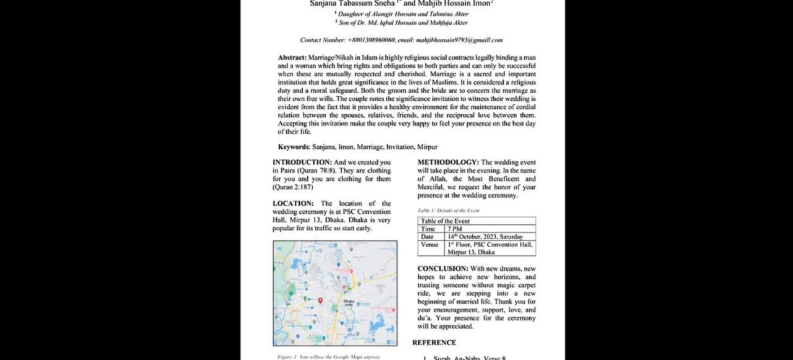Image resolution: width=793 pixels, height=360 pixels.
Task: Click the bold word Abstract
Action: [292, 58]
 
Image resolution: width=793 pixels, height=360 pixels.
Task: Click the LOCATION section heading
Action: [293, 203]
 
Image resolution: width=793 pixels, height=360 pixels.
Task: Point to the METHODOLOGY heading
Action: [447, 162]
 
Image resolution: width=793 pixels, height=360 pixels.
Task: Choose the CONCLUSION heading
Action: [442, 269]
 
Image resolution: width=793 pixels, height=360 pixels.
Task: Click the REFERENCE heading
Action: [434, 343]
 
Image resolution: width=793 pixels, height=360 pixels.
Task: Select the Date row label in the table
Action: [427, 237]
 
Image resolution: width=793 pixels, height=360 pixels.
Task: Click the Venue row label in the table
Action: [429, 245]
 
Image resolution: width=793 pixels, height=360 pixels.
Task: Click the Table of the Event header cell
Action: [445, 221]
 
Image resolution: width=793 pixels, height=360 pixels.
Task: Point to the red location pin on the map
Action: [320, 301]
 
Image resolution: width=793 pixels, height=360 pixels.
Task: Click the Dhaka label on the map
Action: [349, 302]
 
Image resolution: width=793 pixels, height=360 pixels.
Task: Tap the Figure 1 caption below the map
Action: [328, 357]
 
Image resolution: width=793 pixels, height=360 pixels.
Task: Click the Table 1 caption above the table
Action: [448, 211]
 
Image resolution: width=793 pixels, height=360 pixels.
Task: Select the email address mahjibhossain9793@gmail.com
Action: [459, 40]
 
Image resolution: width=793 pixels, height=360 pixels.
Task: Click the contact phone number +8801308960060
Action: [371, 40]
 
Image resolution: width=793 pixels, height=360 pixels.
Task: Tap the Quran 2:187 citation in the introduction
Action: [293, 187]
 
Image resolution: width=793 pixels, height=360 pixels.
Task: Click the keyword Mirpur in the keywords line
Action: [427, 147]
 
